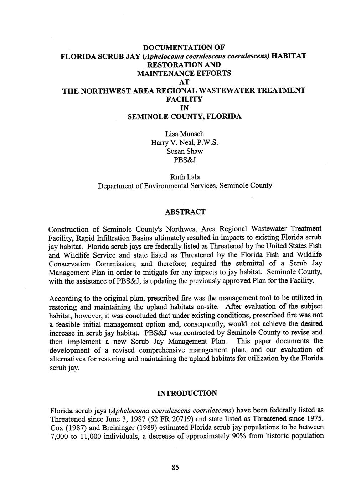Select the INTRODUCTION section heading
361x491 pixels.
click(x=187, y=393)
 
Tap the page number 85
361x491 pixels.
click(x=175, y=468)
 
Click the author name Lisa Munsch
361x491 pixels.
click(x=185, y=134)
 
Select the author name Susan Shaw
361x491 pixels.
click(x=185, y=151)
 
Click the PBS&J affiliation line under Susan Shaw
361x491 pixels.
click(x=185, y=160)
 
